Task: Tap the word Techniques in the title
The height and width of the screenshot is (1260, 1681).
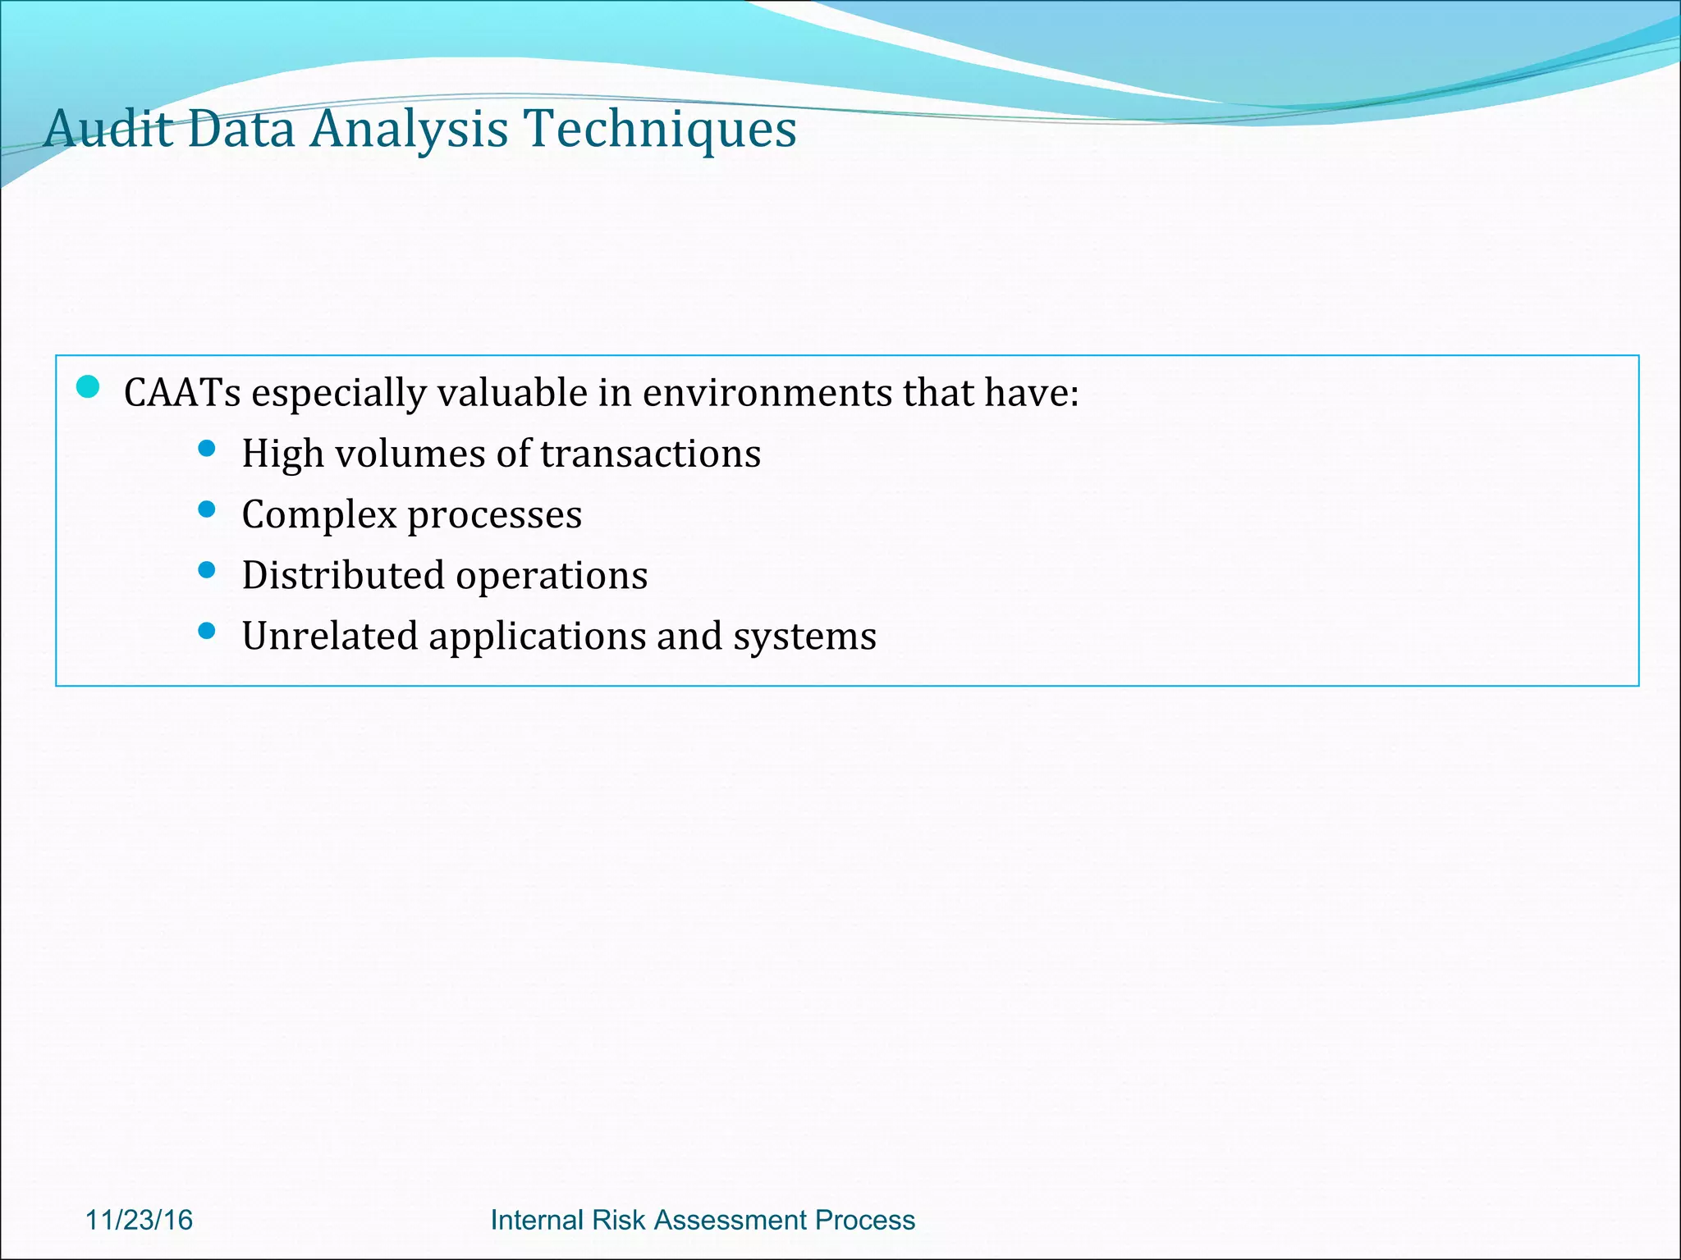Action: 660,129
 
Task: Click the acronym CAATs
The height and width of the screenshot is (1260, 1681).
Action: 182,393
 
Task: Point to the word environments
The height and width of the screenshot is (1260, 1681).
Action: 767,393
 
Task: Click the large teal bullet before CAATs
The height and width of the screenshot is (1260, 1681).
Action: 88,387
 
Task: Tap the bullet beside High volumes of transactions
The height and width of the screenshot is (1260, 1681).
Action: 207,448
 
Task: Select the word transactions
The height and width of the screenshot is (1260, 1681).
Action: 650,454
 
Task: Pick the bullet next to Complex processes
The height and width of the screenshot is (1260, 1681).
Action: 207,509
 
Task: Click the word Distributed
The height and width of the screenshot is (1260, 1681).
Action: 343,575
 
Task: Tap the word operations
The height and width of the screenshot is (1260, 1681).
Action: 552,575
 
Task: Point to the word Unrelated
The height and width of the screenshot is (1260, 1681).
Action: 329,636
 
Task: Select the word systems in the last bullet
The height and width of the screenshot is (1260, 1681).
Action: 804,636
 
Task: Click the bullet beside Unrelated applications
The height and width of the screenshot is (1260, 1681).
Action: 207,630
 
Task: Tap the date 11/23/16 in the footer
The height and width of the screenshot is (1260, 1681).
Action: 140,1220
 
